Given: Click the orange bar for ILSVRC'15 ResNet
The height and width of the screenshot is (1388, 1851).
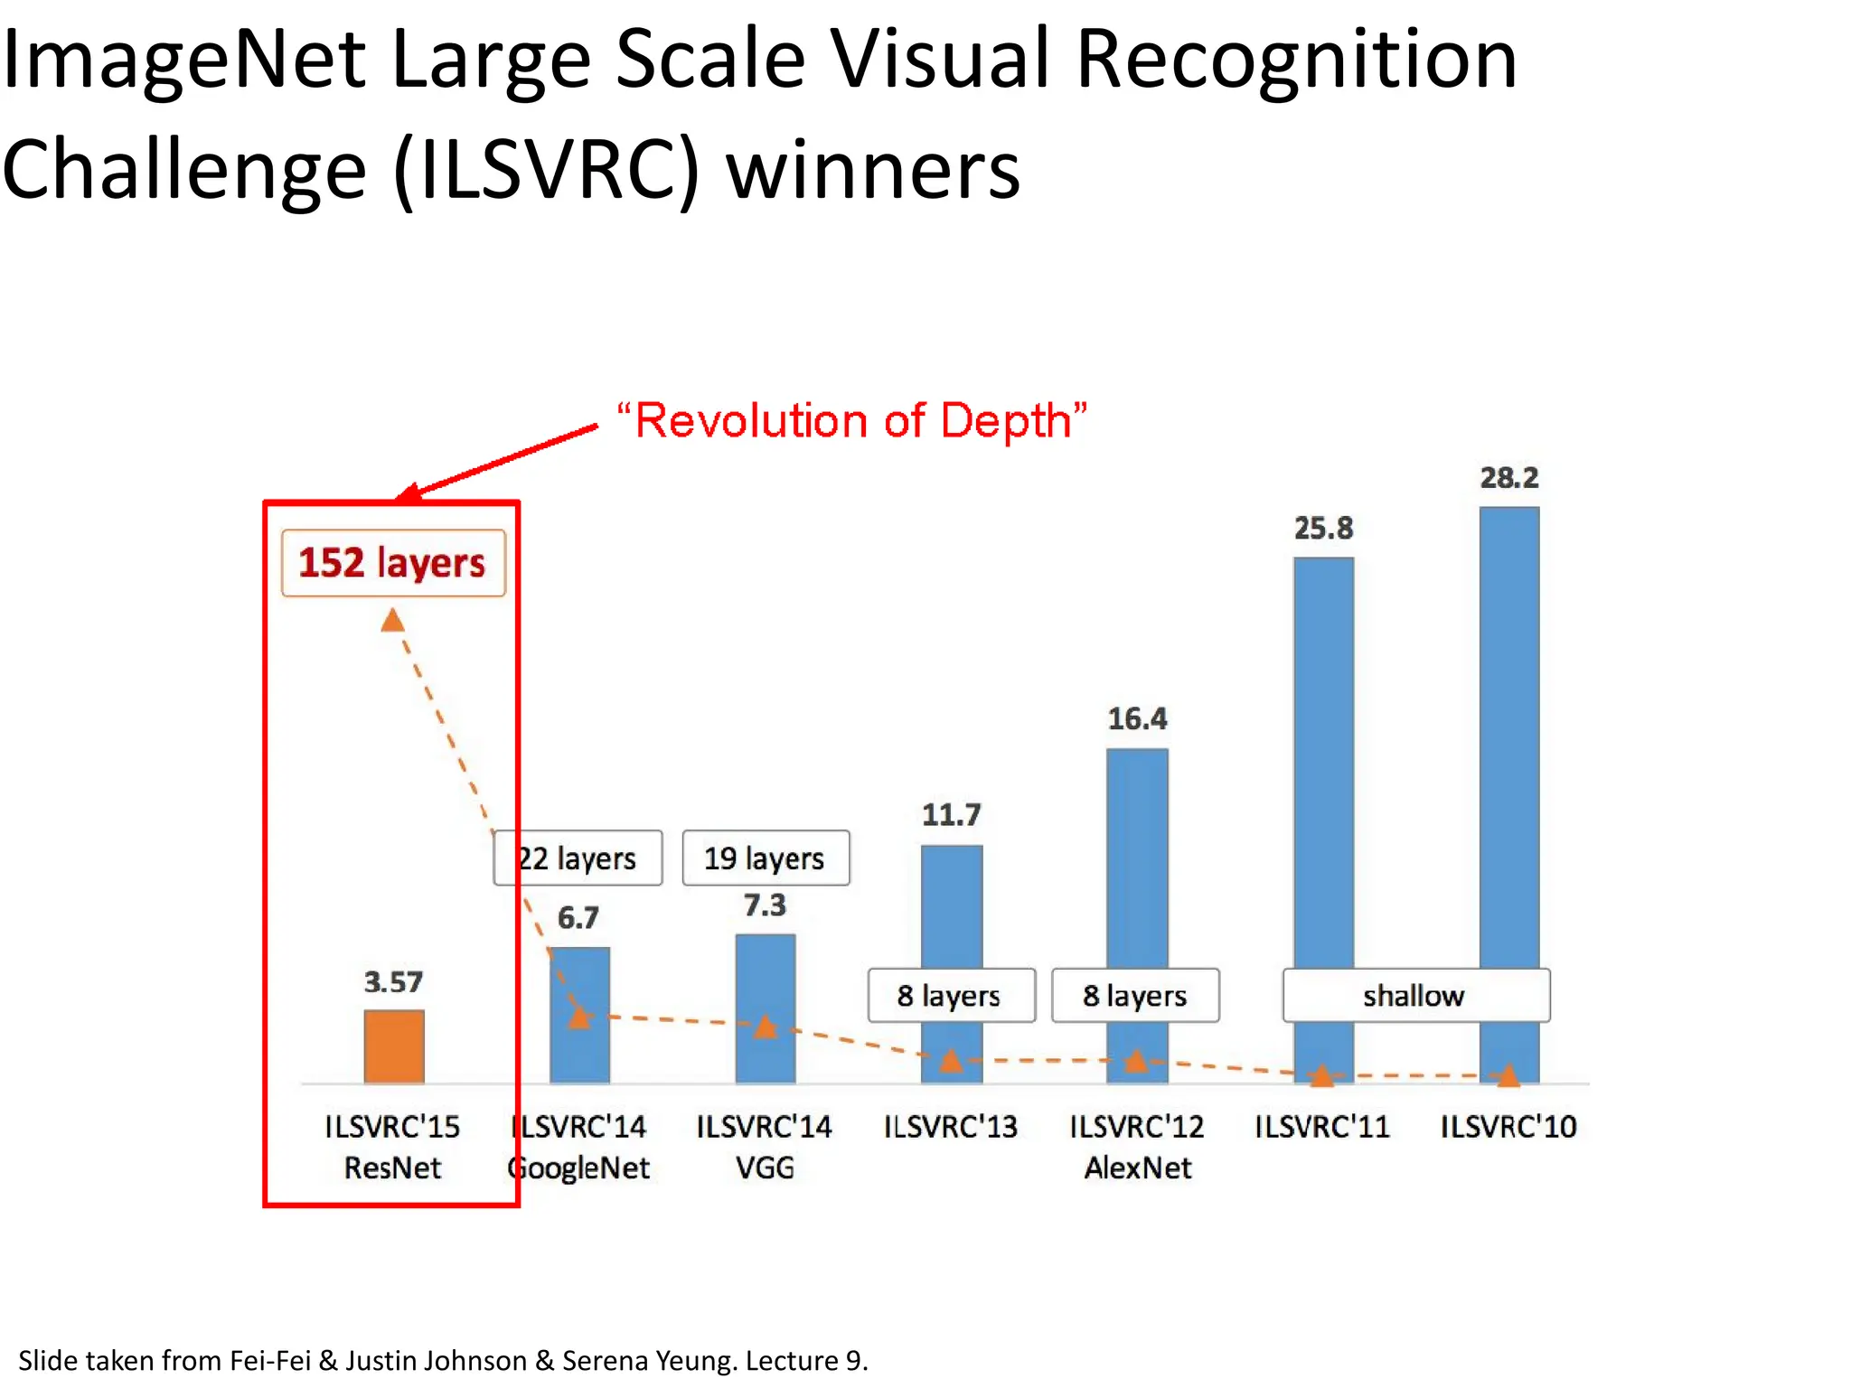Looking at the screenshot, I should click(393, 1046).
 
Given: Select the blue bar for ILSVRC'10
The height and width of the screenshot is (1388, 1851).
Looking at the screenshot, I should click(1508, 741).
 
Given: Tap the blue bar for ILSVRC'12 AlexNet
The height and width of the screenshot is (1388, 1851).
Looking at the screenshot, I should click(1137, 858).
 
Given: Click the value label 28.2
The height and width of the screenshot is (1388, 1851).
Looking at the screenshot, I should click(1508, 477).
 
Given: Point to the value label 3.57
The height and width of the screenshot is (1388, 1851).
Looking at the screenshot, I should click(393, 981).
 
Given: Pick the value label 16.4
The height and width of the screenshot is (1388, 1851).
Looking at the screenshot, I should click(1137, 718).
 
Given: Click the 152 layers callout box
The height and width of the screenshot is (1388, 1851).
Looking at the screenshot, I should click(393, 563).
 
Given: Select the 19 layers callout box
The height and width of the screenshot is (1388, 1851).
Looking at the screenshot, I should click(765, 858).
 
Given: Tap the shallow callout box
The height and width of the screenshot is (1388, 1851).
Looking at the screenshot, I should click(1414, 996).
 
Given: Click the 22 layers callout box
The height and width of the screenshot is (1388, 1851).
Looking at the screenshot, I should click(578, 858).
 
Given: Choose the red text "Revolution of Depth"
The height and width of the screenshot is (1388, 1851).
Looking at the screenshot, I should click(851, 421).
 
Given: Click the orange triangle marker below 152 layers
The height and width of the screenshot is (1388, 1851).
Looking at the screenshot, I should click(392, 621).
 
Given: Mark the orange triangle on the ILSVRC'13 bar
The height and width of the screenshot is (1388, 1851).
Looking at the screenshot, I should click(951, 1060).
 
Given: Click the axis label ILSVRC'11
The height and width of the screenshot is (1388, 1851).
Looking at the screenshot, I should click(1322, 1127).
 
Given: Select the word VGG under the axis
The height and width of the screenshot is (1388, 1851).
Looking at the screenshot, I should click(765, 1168).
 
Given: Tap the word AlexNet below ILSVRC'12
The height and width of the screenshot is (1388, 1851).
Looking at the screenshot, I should click(1137, 1168).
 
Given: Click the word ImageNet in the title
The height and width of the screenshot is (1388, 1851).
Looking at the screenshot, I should click(183, 61).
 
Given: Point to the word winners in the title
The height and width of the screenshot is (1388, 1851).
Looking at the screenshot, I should click(873, 172).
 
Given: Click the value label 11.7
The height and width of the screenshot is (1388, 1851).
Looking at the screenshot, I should click(951, 815).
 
